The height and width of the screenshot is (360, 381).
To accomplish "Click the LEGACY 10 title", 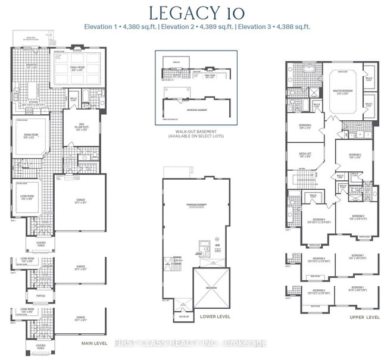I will [x=190, y=11].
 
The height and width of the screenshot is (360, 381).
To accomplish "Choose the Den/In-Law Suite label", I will [x=79, y=128].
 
